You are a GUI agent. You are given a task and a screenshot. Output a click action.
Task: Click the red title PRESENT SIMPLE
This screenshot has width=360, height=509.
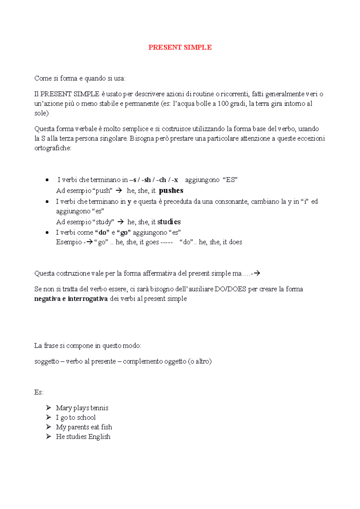[180, 47]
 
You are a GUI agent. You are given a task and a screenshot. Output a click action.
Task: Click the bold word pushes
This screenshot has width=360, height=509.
[171, 191]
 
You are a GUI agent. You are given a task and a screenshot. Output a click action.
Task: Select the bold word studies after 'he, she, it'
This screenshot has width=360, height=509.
[169, 222]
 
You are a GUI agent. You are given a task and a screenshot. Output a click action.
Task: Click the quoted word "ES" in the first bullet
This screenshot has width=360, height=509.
[230, 180]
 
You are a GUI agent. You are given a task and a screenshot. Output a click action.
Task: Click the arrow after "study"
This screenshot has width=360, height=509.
[121, 222]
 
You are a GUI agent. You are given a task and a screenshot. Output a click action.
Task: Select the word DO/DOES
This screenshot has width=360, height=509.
[230, 289]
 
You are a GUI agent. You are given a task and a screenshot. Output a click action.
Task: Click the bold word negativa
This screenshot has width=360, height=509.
[47, 299]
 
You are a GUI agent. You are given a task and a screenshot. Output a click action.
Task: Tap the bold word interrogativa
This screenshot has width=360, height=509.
[88, 299]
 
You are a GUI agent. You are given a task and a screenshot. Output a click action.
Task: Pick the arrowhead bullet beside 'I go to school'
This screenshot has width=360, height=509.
[49, 417]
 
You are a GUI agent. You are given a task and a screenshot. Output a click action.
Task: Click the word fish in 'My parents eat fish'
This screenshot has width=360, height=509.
[106, 427]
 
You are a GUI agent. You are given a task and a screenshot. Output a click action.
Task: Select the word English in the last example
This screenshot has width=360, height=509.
[99, 437]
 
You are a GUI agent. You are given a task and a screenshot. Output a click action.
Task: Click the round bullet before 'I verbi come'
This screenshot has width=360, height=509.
[47, 233]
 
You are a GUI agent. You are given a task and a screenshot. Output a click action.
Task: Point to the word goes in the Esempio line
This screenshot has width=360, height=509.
[152, 242]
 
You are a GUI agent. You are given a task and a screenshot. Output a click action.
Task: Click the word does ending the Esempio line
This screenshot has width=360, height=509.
[235, 242]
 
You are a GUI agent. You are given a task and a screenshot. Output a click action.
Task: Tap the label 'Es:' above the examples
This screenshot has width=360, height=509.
[39, 392]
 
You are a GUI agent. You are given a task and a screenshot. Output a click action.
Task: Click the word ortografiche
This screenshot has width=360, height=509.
[53, 148]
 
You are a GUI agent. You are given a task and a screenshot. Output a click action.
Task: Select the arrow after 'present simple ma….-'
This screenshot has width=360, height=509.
[257, 273]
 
